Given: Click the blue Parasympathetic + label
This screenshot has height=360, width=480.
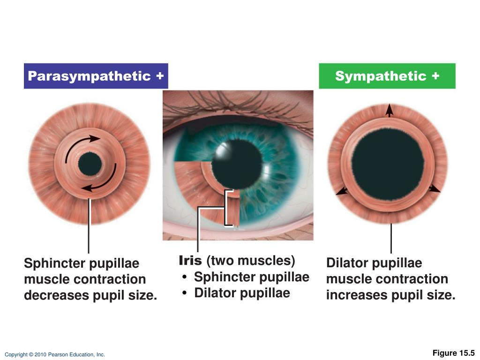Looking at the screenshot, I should (x=96, y=76).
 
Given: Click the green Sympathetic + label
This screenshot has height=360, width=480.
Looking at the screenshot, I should (x=387, y=76).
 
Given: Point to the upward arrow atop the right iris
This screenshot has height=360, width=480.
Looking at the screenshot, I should (x=389, y=111).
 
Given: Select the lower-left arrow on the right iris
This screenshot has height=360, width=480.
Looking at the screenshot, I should (x=342, y=191).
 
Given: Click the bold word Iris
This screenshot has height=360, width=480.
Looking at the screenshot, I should (x=190, y=260).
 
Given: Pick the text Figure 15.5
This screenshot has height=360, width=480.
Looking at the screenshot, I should (x=453, y=353).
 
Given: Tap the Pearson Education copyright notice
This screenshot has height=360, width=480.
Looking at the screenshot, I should (x=55, y=355).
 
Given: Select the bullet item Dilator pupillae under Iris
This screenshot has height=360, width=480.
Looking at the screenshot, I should (x=241, y=293).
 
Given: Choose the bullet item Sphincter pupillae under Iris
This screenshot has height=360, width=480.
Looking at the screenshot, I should (x=251, y=277).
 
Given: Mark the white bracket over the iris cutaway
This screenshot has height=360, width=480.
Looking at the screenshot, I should (x=229, y=208).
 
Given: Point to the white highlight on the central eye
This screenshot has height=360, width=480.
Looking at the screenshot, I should (x=220, y=149).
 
